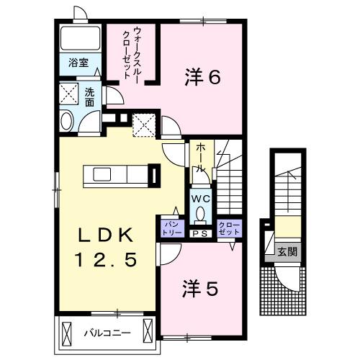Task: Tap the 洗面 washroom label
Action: [90, 97]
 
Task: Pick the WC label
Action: [199, 197]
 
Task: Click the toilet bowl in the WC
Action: [200, 212]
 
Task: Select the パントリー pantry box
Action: [171, 228]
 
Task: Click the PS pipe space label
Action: [200, 233]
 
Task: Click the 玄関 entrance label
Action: [287, 252]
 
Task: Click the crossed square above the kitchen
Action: [144, 125]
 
